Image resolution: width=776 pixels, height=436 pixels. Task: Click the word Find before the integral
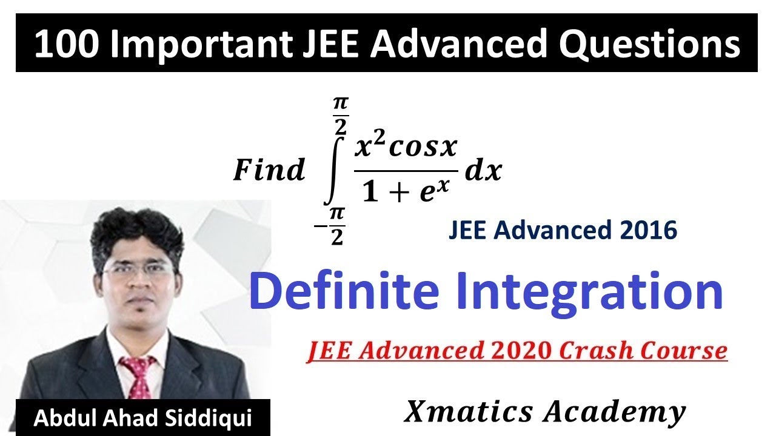269,170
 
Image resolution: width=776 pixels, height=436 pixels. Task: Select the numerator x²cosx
406,147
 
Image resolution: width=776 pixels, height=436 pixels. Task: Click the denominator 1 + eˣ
406,191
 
